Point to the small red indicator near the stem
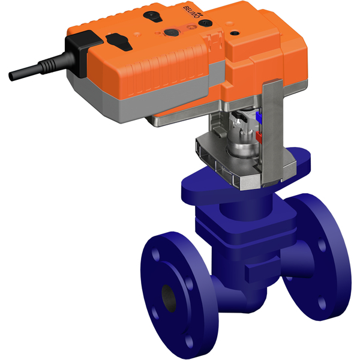pos(259,137)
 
